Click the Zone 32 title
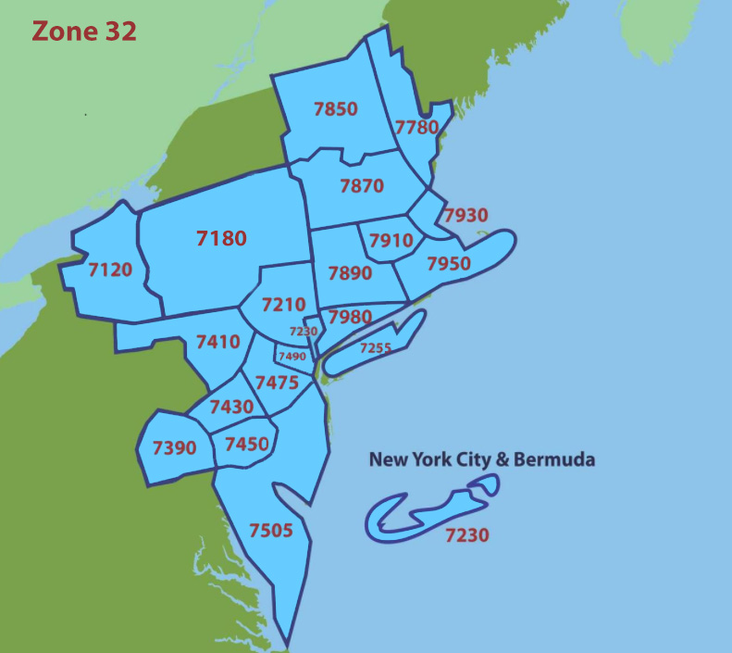coord(84,31)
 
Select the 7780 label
coord(416,127)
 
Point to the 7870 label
coord(361,185)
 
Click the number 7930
coord(465,216)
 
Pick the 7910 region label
coord(391,241)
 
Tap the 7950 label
coord(449,263)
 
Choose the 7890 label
coord(350,273)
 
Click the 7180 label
coord(221,238)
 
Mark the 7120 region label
coord(110,270)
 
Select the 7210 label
coord(283,304)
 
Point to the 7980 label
coord(350,317)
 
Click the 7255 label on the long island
coord(376,348)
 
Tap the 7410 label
coord(217,342)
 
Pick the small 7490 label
coord(292,357)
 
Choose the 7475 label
coord(277,382)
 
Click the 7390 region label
coord(174,448)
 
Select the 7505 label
coord(271,531)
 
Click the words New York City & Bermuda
coord(481,458)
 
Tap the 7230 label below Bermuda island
coord(466,534)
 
